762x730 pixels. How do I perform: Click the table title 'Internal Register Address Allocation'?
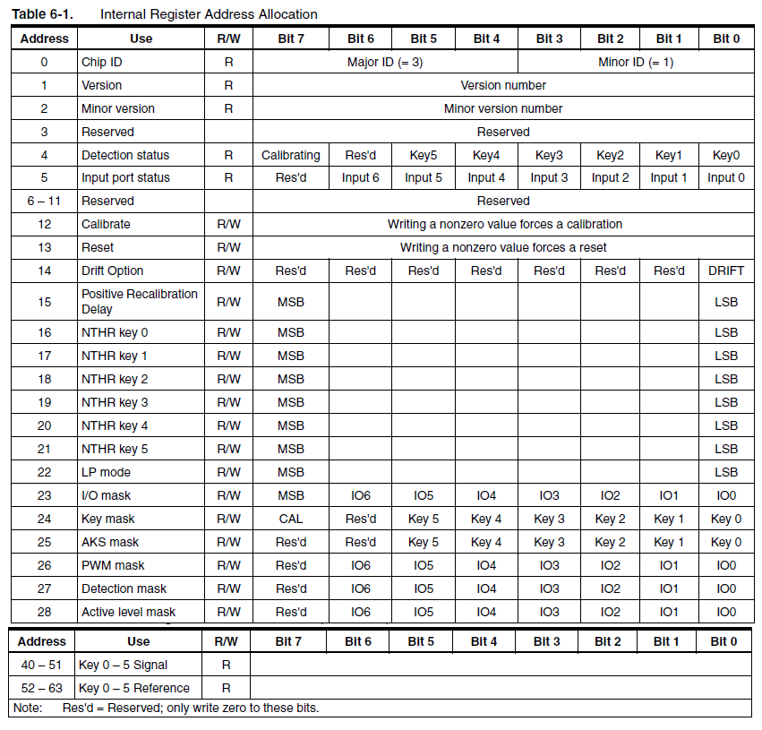pyautogui.click(x=209, y=14)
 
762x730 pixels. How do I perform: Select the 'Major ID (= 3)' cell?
pyautogui.click(x=385, y=62)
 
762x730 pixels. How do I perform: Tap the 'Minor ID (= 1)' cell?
pyautogui.click(x=636, y=62)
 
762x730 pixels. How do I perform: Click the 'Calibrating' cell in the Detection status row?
pyautogui.click(x=291, y=155)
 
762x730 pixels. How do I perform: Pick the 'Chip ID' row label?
pyautogui.click(x=101, y=62)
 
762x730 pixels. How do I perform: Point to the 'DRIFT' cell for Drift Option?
pyautogui.click(x=726, y=271)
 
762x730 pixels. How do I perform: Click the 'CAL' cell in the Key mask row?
pyautogui.click(x=291, y=519)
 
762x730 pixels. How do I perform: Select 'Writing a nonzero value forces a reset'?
pyautogui.click(x=503, y=247)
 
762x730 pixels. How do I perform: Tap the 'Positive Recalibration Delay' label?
pyautogui.click(x=140, y=301)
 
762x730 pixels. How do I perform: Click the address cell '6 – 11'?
pyautogui.click(x=44, y=201)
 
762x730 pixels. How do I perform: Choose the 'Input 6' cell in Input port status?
pyautogui.click(x=360, y=177)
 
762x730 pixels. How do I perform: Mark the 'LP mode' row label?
pyautogui.click(x=106, y=472)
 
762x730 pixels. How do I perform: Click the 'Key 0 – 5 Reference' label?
pyautogui.click(x=134, y=688)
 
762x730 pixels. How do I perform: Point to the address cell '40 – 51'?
pyautogui.click(x=42, y=665)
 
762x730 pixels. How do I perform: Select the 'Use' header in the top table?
pyautogui.click(x=141, y=39)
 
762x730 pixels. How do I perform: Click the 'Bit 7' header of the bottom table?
pyautogui.click(x=289, y=641)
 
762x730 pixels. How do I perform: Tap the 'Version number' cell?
pyautogui.click(x=503, y=85)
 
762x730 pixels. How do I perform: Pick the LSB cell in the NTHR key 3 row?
pyautogui.click(x=726, y=402)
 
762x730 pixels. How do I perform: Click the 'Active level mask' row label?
pyautogui.click(x=128, y=612)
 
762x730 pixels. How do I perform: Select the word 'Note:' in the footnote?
pyautogui.click(x=29, y=708)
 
